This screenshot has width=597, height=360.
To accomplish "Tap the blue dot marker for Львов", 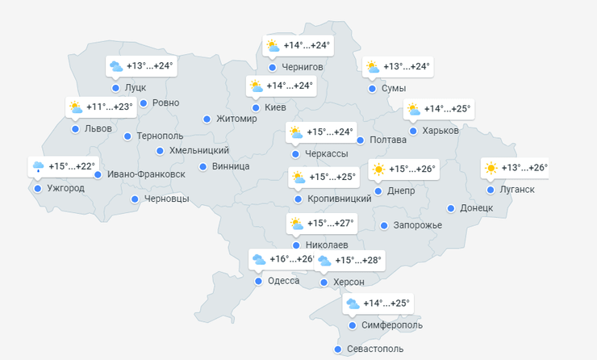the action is tap(75, 128).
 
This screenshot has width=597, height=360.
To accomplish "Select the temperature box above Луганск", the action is tap(514, 169).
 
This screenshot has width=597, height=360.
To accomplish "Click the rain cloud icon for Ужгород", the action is tap(38, 167).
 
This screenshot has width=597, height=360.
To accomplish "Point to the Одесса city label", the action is tap(283, 281).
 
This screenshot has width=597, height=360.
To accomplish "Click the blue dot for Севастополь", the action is tap(338, 350).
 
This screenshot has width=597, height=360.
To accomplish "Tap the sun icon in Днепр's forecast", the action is tap(378, 170).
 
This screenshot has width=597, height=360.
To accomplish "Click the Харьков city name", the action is tap(440, 131).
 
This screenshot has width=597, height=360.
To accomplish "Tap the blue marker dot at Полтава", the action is tap(361, 140).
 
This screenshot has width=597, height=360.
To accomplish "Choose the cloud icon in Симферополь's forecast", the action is tap(353, 304).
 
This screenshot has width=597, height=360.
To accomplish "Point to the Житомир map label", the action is tap(237, 119).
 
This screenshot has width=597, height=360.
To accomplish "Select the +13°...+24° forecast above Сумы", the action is tap(407, 67).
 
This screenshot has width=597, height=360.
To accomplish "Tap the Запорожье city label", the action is tap(418, 225).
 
